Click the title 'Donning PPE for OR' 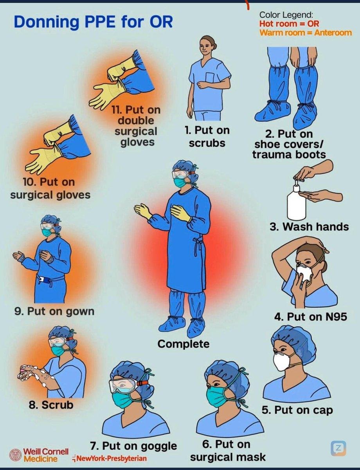tap(93, 22)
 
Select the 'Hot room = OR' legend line tap(289, 23)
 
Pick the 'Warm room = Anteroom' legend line tap(306, 33)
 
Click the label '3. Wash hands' tap(309, 227)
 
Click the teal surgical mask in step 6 tap(216, 396)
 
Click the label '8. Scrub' tap(51, 405)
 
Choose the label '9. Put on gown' tap(54, 312)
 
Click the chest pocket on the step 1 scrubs tap(210, 77)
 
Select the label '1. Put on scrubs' tap(207, 137)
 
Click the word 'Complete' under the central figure tap(184, 343)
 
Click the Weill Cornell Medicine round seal tap(16, 455)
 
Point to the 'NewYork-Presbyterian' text tap(110, 458)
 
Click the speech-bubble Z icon tap(338, 448)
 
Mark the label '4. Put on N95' tap(311, 317)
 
